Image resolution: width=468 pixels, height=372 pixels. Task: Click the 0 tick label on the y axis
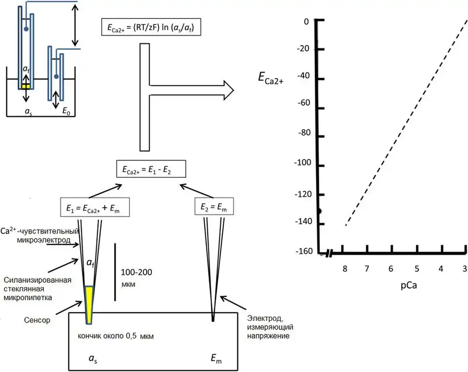click(x=307, y=21)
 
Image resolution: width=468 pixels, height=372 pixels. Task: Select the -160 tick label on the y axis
click(x=303, y=252)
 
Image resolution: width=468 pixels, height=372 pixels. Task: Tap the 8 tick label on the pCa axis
click(x=345, y=269)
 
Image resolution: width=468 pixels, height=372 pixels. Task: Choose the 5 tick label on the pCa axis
click(x=416, y=269)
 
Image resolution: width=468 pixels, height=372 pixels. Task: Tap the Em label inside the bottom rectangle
click(x=217, y=359)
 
